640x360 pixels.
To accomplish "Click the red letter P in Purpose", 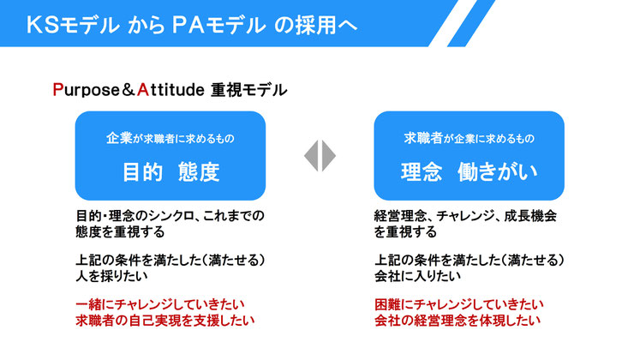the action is (57, 89).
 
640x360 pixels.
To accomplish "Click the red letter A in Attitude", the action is (142, 89).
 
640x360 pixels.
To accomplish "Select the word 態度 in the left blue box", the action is (199, 171).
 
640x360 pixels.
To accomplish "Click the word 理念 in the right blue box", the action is (422, 171).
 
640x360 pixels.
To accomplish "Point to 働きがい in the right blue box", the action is (497, 171).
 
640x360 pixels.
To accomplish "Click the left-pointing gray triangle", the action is (311, 155).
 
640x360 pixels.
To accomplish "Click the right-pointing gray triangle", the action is (329, 155).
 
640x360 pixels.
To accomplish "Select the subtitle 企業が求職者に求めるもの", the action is (170, 138).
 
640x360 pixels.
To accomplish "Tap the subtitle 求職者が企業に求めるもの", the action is (469, 138).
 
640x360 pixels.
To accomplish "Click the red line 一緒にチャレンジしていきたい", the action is (160, 304).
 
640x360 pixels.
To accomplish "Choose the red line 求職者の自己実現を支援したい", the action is (165, 321).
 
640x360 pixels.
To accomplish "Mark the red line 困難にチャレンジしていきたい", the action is (459, 304).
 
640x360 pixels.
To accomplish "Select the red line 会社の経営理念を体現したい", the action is (458, 321).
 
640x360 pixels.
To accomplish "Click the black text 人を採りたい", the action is (112, 276).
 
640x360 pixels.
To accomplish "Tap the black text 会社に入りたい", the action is (417, 276).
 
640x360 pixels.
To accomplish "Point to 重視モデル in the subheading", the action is (249, 90).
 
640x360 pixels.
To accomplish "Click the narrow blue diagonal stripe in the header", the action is (471, 23).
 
